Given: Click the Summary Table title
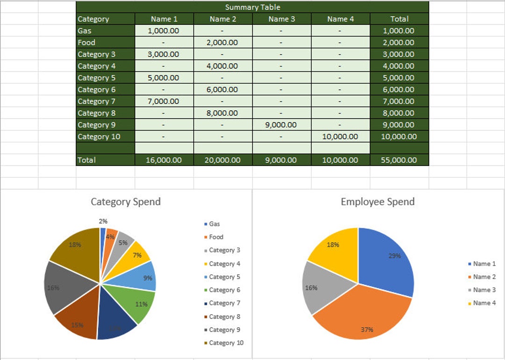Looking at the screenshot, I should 252,7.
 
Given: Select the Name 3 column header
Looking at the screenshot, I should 282,19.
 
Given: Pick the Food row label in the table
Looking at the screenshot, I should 87,43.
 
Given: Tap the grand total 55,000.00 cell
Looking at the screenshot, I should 399,160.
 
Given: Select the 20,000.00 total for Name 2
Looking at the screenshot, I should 223,160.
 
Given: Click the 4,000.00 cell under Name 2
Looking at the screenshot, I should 223,66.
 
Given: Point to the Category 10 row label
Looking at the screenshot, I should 99,137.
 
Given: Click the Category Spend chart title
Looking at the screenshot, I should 125,202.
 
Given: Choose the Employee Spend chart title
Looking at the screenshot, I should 377,202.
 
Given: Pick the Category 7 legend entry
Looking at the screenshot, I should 224,303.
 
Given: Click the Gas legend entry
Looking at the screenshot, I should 214,224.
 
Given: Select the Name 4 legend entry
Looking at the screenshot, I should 484,303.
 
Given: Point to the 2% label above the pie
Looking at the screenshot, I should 103,221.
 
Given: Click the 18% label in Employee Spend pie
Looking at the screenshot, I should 333,245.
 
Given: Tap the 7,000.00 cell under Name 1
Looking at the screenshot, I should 163,101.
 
